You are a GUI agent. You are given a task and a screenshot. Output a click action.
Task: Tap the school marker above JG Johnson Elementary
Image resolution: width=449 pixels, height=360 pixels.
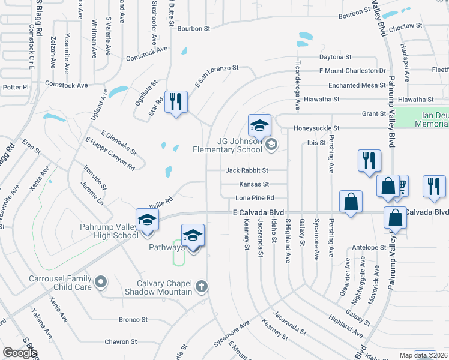coord(259,125)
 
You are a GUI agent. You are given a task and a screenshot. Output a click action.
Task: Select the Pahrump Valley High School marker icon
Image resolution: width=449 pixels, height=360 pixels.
coord(147,220)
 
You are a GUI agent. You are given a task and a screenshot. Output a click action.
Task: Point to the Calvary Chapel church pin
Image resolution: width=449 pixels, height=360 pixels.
coord(201,286)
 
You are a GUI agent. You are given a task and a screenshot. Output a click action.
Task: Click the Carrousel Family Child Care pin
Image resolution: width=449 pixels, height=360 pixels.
coord(101,281)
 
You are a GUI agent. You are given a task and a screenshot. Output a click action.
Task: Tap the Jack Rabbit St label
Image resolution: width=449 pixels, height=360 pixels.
coord(247,170)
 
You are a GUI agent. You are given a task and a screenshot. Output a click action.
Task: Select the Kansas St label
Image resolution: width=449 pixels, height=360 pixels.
coord(254,184)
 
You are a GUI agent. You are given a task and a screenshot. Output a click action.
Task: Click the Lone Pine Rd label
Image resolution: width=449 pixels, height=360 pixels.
coord(255,197)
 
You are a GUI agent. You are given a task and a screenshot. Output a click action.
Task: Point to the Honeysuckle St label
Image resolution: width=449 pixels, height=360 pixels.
coord(316,128)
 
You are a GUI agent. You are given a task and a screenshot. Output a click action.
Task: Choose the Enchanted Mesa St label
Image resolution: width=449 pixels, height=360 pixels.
coord(357,86)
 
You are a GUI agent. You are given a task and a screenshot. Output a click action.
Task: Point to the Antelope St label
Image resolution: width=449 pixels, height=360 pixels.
coord(369,247)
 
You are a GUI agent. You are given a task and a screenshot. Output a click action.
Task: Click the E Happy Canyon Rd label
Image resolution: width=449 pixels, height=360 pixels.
coord(110,152)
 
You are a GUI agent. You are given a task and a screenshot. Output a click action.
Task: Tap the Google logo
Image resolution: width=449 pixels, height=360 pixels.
coord(20,353)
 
